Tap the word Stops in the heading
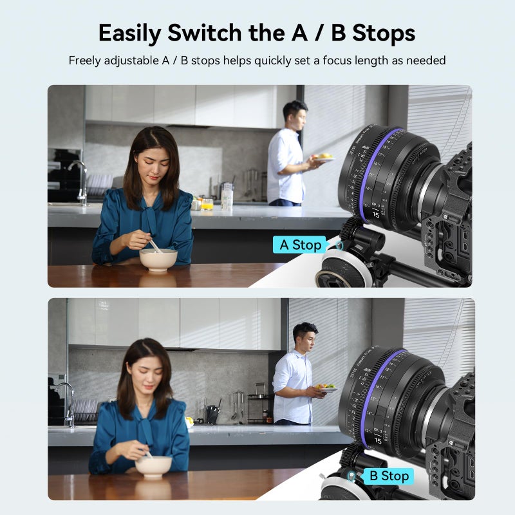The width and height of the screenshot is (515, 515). [x=382, y=33]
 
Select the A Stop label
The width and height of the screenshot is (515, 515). [x=300, y=245]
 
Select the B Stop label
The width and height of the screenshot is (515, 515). [x=387, y=476]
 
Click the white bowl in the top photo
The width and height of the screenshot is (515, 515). [x=158, y=259]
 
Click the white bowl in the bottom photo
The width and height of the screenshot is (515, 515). [x=153, y=466]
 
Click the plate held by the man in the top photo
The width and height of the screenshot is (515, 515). [x=324, y=157]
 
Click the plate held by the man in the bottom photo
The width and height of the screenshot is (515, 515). [x=327, y=389]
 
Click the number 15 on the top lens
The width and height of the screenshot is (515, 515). [x=376, y=214]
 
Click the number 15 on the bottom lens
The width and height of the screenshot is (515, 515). [x=377, y=440]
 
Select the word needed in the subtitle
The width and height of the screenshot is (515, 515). [x=426, y=61]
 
